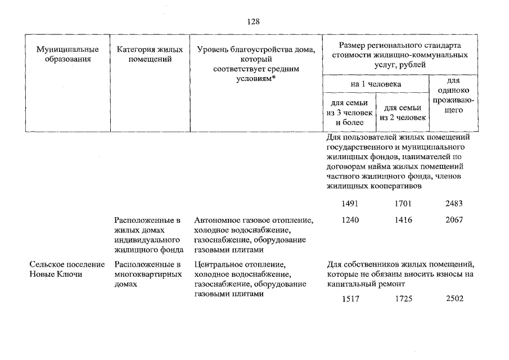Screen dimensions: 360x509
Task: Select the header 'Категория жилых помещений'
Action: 150,55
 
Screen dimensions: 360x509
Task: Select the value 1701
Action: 403,204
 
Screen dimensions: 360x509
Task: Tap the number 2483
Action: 454,204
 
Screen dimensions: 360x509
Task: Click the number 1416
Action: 403,220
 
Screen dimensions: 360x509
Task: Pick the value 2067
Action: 454,220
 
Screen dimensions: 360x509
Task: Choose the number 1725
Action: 403,299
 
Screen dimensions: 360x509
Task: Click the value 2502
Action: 454,299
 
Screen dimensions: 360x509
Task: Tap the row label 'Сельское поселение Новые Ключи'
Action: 67,269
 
